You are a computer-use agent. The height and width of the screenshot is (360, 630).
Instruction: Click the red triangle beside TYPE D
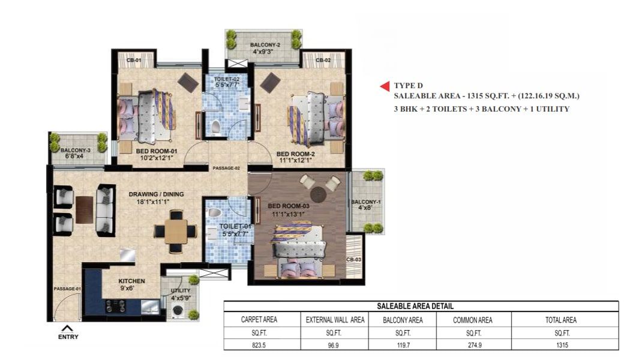(385, 86)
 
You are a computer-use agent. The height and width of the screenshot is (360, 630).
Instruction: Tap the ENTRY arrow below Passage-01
(67, 328)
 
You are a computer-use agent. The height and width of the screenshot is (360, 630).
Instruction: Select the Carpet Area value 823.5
(259, 345)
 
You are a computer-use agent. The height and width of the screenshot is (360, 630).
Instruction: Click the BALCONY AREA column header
(403, 320)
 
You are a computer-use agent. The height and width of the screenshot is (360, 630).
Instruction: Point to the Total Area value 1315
(562, 345)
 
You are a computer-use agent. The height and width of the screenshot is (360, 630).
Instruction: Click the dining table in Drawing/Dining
(176, 232)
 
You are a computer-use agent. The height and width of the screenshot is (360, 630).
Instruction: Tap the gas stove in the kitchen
(115, 306)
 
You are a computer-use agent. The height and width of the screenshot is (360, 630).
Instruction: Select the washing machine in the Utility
(178, 311)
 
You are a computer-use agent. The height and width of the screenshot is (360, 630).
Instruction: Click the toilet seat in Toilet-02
(215, 127)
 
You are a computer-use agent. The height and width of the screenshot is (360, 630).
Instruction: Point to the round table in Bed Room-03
(319, 194)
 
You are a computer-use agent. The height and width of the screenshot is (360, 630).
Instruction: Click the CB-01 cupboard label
(134, 60)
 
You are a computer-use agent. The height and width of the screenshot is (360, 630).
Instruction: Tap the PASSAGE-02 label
(226, 168)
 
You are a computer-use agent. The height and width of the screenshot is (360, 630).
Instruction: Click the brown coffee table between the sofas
(85, 209)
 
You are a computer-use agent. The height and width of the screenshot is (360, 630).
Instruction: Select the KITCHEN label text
(132, 281)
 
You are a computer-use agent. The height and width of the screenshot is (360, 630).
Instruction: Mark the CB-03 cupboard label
(353, 260)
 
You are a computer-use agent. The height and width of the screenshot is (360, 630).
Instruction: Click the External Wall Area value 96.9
(333, 345)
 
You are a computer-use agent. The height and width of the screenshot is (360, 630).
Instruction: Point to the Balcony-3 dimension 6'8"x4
(75, 156)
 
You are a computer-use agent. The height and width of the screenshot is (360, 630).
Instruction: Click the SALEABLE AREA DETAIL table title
(415, 306)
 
